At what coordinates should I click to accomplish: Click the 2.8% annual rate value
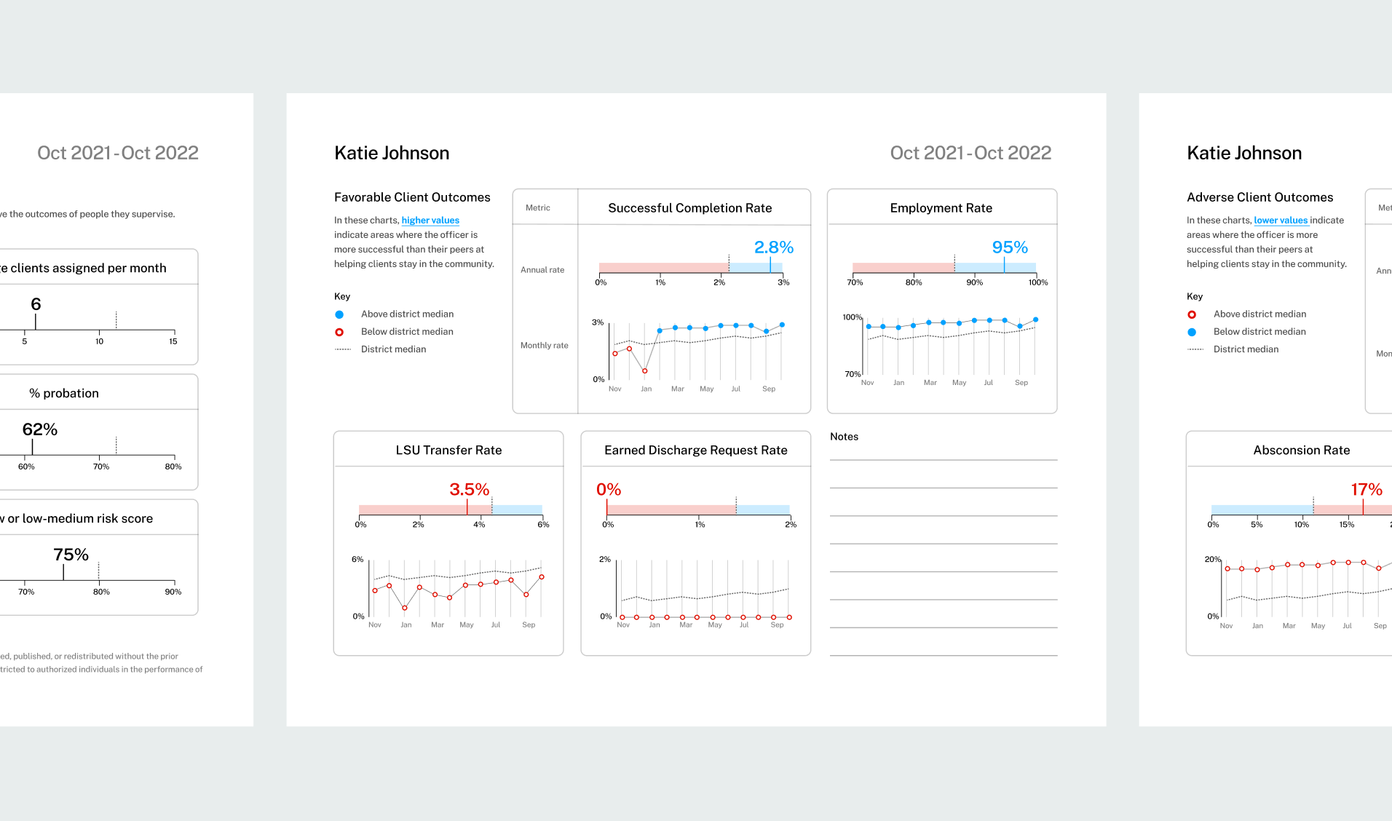pyautogui.click(x=773, y=247)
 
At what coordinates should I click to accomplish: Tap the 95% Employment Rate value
pyautogui.click(x=1010, y=247)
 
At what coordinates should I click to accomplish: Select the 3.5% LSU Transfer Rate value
pyautogui.click(x=469, y=490)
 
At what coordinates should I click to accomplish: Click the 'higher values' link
pyautogui.click(x=430, y=221)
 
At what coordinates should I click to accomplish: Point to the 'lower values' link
pyautogui.click(x=1281, y=221)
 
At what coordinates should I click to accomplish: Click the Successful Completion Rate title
pyautogui.click(x=689, y=208)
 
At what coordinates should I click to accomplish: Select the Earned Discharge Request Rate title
pyautogui.click(x=695, y=451)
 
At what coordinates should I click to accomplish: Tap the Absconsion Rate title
pyautogui.click(x=1301, y=451)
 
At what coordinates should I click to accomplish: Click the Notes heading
pyautogui.click(x=844, y=437)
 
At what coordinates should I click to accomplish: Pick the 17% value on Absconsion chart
pyautogui.click(x=1366, y=490)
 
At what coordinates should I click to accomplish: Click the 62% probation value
pyautogui.click(x=40, y=429)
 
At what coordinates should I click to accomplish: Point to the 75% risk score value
pyautogui.click(x=71, y=555)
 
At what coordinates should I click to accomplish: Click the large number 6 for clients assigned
pyautogui.click(x=36, y=304)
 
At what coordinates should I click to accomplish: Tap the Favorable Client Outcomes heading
pyautogui.click(x=412, y=197)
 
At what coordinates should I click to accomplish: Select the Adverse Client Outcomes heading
pyautogui.click(x=1259, y=197)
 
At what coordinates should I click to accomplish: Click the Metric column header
pyautogui.click(x=538, y=208)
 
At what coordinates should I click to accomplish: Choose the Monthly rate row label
pyautogui.click(x=544, y=346)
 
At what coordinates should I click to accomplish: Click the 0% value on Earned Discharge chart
pyautogui.click(x=609, y=490)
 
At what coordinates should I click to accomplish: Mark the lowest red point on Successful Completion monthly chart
pyautogui.click(x=645, y=371)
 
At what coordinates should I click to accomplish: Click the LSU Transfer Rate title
pyautogui.click(x=448, y=451)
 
